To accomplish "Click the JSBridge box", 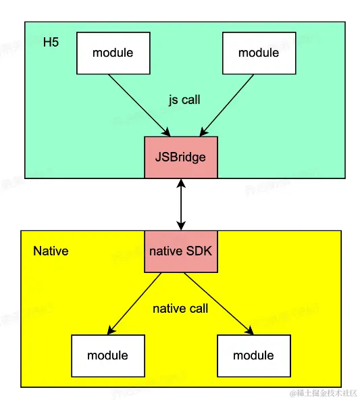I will (x=181, y=157).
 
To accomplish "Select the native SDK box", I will (x=181, y=251).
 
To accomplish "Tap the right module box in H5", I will (x=258, y=53).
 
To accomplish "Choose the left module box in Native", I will (x=107, y=355).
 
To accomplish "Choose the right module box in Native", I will (x=253, y=355).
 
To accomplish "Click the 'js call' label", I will (x=184, y=99).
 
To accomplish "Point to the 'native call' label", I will (x=180, y=309).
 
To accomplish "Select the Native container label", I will (x=51, y=251).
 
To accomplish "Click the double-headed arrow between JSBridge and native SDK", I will (x=181, y=204).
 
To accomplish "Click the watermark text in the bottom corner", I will (x=324, y=393).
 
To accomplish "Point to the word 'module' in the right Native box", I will (x=253, y=355).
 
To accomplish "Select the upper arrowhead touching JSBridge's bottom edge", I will (x=181, y=182).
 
